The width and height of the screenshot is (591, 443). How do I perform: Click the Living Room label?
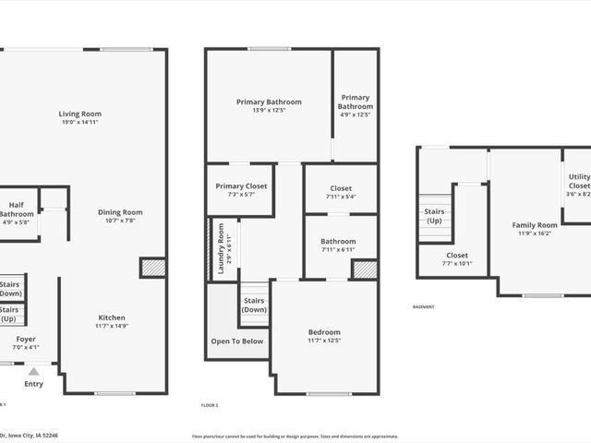pos(80,114)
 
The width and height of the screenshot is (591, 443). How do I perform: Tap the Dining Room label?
pos(121,212)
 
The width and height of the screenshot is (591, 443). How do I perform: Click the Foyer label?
pos(26,339)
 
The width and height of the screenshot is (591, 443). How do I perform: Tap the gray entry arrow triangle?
pos(33,371)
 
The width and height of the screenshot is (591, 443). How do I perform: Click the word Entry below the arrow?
pos(33,384)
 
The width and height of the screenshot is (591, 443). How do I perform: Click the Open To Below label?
pos(237,341)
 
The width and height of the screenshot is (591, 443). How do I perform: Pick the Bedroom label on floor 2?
pos(324,332)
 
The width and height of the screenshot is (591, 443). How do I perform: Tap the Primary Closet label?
pos(241,186)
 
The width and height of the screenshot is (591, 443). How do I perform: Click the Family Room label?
pos(535,225)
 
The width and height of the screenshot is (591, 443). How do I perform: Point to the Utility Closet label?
pos(579,181)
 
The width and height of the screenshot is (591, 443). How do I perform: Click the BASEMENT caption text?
pos(423,307)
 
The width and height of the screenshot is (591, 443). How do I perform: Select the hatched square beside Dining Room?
pos(152,268)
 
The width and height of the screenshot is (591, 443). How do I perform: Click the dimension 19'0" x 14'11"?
pos(80,122)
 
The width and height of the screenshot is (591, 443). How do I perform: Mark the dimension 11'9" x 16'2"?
pos(535,233)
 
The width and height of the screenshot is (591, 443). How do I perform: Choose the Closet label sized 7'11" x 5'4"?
pos(340,190)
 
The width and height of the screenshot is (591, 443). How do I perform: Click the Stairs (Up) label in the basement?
pos(433,216)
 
